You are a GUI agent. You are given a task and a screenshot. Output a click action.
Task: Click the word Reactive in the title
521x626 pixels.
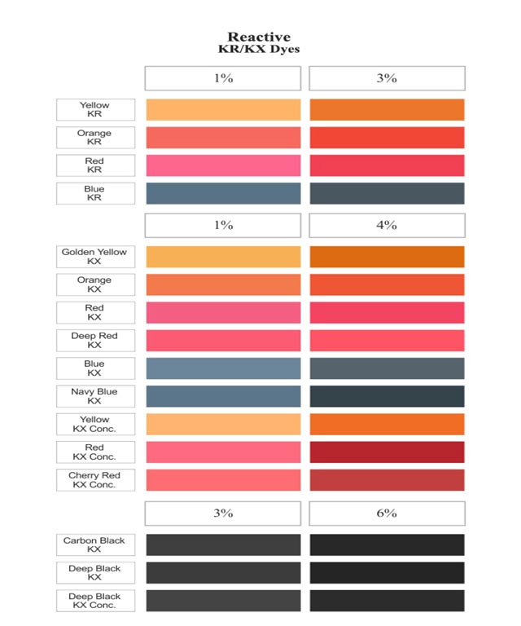click(258, 37)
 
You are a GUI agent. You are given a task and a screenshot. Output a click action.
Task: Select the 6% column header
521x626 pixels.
click(387, 513)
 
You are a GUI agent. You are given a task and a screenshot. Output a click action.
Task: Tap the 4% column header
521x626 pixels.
click(387, 225)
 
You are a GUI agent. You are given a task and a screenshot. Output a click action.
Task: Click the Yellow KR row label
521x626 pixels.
click(94, 110)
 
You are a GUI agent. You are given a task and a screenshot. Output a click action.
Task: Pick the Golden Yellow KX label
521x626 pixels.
click(94, 257)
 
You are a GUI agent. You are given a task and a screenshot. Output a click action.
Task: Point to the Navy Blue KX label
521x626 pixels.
click(94, 396)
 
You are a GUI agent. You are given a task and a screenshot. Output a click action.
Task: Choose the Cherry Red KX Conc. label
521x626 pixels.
click(94, 480)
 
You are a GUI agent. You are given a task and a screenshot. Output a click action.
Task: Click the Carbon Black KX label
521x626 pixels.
click(94, 545)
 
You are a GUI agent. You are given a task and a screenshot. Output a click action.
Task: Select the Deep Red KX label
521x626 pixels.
click(94, 341)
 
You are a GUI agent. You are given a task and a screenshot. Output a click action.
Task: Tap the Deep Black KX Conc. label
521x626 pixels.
click(94, 601)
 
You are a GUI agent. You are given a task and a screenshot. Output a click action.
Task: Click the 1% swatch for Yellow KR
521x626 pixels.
click(223, 110)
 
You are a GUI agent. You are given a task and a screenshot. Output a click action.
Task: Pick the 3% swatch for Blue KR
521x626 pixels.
click(387, 193)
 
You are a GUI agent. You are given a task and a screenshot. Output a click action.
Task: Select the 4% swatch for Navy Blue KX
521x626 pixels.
click(387, 396)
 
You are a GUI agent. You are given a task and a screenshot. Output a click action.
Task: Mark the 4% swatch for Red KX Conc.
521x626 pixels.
click(387, 452)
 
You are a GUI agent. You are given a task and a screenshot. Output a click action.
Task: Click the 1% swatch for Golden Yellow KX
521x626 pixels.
click(223, 257)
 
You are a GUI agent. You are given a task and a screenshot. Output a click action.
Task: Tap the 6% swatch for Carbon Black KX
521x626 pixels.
click(387, 545)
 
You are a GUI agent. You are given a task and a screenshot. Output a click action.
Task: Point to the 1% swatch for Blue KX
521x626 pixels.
click(223, 368)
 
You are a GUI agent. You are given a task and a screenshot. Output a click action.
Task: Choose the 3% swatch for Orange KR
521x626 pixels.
click(387, 138)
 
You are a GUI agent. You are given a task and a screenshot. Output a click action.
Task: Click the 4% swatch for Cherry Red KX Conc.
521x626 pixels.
click(387, 480)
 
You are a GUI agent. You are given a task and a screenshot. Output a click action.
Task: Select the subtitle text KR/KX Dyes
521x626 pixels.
click(258, 50)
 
